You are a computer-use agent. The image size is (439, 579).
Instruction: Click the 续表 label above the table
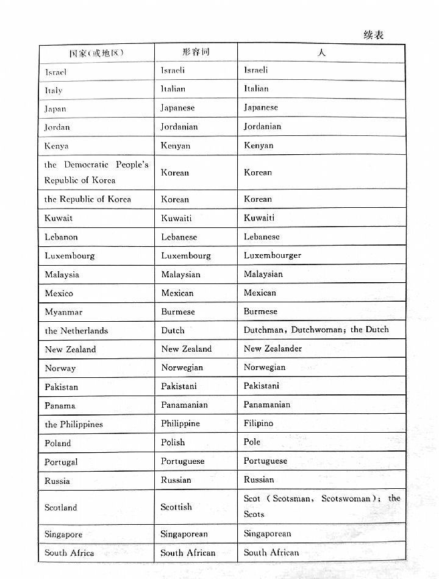pos(373,35)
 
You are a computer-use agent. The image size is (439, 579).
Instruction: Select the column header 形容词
pos(196,52)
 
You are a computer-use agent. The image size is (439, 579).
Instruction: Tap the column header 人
pos(321,52)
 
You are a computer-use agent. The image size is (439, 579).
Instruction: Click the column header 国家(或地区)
pos(96,53)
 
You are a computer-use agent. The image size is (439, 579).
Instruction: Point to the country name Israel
pos(55,72)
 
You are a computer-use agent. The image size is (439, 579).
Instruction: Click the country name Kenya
pos(56,146)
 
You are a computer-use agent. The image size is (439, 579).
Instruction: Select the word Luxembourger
pos(273,255)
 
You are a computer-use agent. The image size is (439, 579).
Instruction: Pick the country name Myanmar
pos(63,312)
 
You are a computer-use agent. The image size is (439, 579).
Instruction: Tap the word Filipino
pos(259,423)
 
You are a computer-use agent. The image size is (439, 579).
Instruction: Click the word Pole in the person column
pos(252,442)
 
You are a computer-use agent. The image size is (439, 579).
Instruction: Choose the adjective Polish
pos(173,442)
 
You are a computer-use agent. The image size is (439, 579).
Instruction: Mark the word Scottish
pos(176,507)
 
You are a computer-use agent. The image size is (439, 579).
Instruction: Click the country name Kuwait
pos(59,218)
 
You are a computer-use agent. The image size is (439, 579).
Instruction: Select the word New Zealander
pos(273,349)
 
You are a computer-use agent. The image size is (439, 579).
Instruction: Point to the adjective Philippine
pos(180,424)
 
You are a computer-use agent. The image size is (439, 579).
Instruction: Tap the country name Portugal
pos(61,462)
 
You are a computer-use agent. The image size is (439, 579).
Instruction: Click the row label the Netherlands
pos(76,331)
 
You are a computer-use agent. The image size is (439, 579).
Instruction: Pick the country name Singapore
pos(63,535)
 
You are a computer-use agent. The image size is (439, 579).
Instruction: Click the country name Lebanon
pos(61,237)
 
